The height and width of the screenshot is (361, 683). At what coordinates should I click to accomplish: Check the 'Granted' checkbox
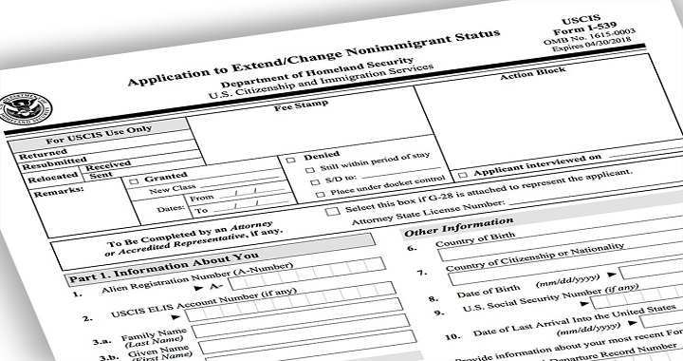[134, 181]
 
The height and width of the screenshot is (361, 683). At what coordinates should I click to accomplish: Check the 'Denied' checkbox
[290, 161]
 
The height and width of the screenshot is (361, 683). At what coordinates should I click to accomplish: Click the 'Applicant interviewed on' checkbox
[462, 175]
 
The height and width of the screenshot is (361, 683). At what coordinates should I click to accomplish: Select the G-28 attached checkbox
[331, 210]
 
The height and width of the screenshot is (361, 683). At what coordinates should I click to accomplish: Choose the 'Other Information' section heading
[458, 225]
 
